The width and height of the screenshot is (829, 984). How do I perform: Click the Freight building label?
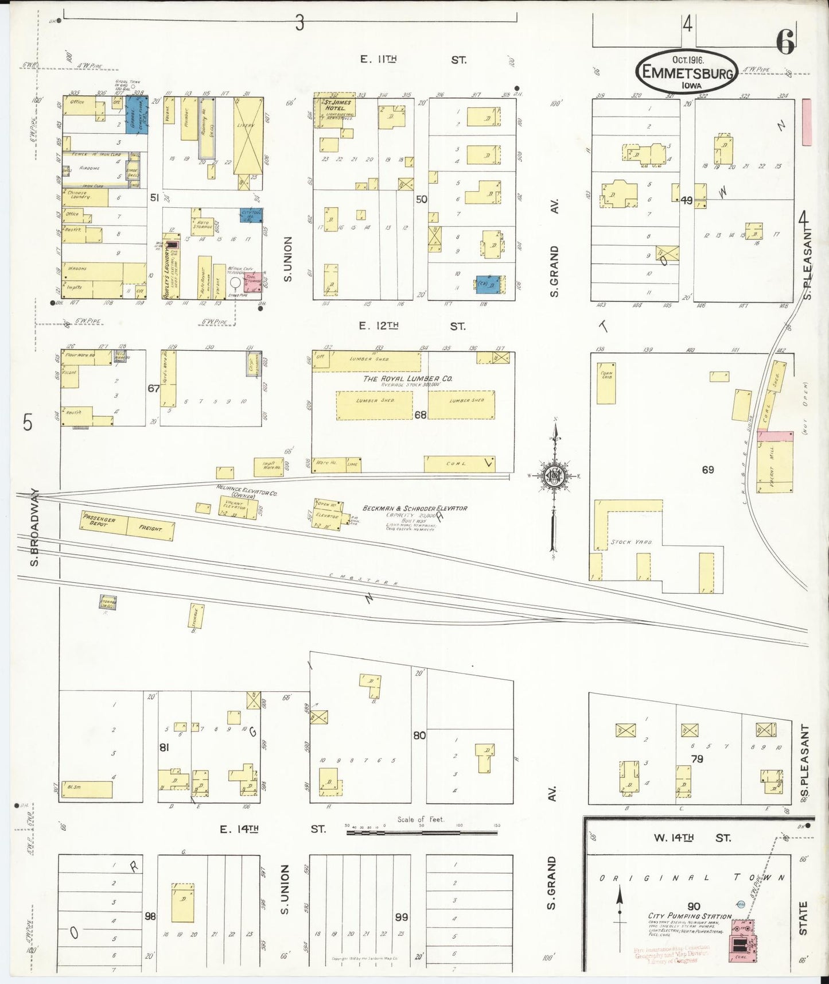point(150,529)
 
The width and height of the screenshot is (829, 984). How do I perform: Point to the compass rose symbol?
point(554,476)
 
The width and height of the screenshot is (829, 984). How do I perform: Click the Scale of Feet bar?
point(422,832)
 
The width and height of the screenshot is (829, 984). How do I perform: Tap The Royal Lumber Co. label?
point(407,378)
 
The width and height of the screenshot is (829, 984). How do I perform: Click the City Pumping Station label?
point(690,916)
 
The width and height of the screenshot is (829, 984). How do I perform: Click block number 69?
point(708,470)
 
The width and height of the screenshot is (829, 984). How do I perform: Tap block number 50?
point(422,199)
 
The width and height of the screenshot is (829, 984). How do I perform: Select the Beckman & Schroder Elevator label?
point(415,508)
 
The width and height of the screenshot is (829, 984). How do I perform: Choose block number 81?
point(164,747)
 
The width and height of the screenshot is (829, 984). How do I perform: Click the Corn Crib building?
point(606,383)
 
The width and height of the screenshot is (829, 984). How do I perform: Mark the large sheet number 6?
point(785,41)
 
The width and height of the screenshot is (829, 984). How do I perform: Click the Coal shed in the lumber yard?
point(459,464)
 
